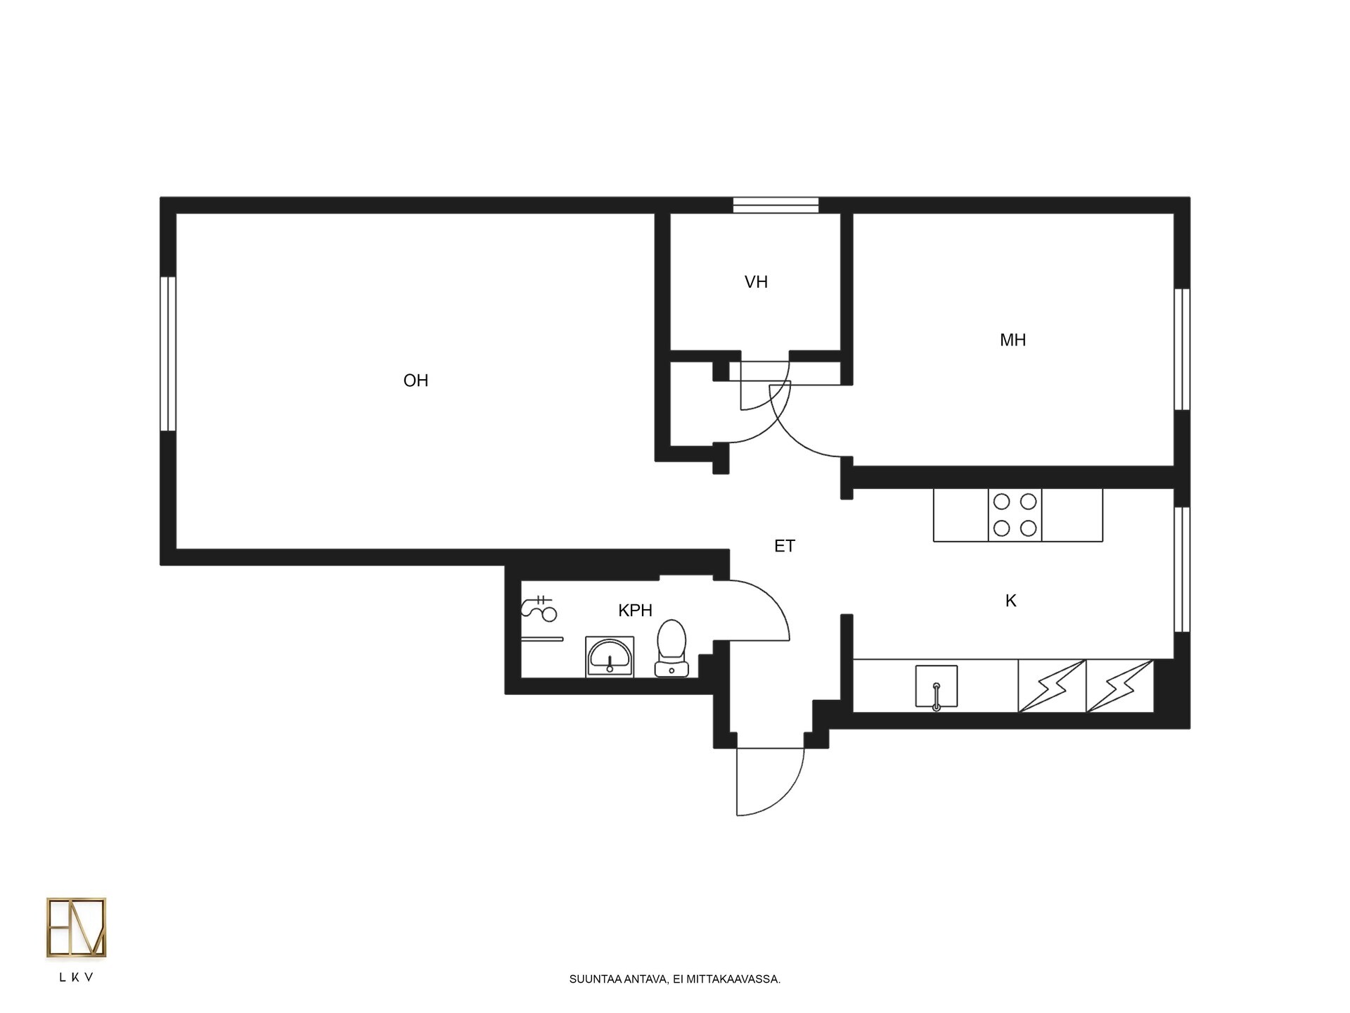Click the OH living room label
pos(416,381)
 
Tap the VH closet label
pos(756,282)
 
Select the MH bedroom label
pos(1012,340)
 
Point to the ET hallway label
pos(785,546)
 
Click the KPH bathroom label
pos(635,611)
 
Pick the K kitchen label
pos(1011,601)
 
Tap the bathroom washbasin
pos(610,657)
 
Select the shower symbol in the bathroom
pos(539,609)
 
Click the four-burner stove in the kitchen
pos(1015,515)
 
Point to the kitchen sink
pos(937,687)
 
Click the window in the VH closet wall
pos(776,205)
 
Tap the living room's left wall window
pos(167,354)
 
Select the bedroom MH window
pos(1183,350)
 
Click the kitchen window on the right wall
pos(1183,570)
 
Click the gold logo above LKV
pos(76,927)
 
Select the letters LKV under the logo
pos(77,978)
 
